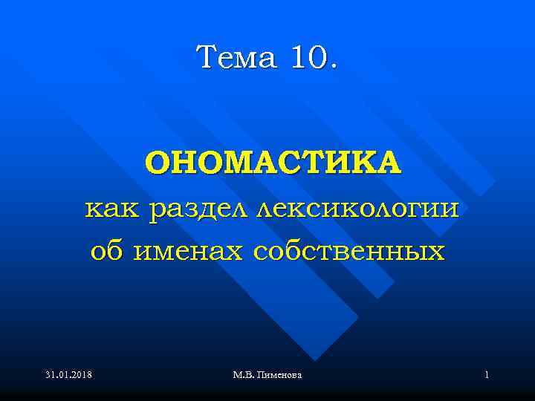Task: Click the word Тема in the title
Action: click(234, 57)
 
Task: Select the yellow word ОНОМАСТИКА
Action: click(273, 162)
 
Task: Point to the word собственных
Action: click(348, 252)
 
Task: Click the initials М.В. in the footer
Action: click(243, 376)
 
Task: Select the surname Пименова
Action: click(279, 376)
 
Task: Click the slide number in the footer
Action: click(486, 376)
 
